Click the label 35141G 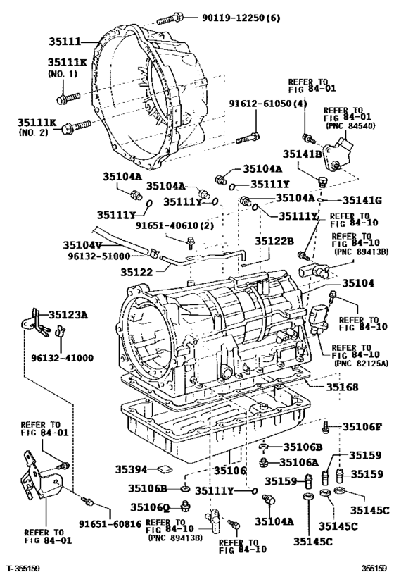[362, 201]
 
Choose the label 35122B [274, 241]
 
